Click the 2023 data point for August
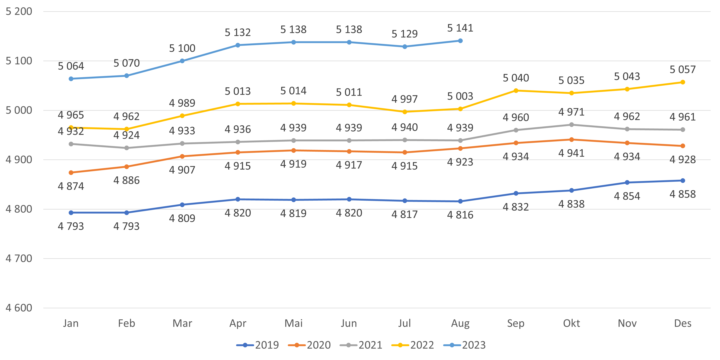460,41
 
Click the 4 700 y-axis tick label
19,259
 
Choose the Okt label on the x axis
571,323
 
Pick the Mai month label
294,323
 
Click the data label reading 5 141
460,28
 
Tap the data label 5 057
683,69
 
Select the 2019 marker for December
683,181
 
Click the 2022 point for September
516,91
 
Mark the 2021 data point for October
571,125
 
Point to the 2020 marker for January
71,173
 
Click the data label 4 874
71,186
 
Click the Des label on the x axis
683,323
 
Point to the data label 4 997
405,99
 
